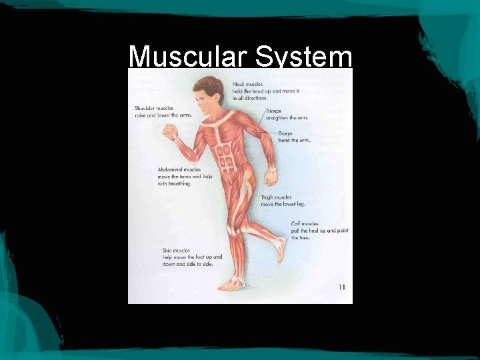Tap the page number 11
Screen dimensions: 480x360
click(x=341, y=288)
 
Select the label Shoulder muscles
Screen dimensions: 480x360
click(x=154, y=108)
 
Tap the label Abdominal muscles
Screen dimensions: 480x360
click(x=179, y=169)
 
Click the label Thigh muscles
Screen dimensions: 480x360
click(x=276, y=197)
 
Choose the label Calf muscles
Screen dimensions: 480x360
click(x=305, y=224)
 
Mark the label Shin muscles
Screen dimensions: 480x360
click(x=176, y=251)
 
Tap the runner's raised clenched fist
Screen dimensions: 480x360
click(x=171, y=131)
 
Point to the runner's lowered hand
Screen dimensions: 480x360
click(x=270, y=177)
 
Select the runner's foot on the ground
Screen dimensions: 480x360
click(x=231, y=285)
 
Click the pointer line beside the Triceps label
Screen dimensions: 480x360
click(x=261, y=120)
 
